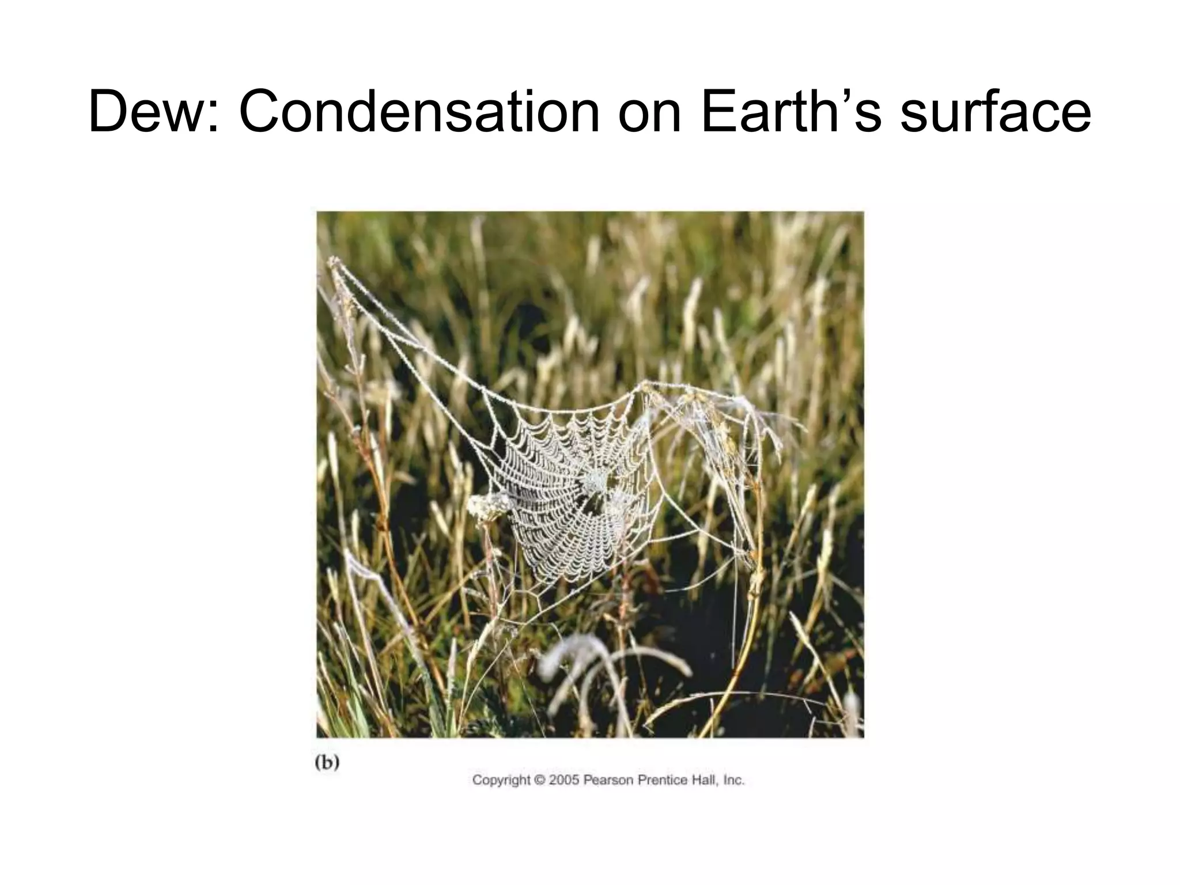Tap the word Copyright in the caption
point(500,781)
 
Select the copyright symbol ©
point(539,780)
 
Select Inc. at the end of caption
point(733,780)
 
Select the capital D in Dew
point(110,111)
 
